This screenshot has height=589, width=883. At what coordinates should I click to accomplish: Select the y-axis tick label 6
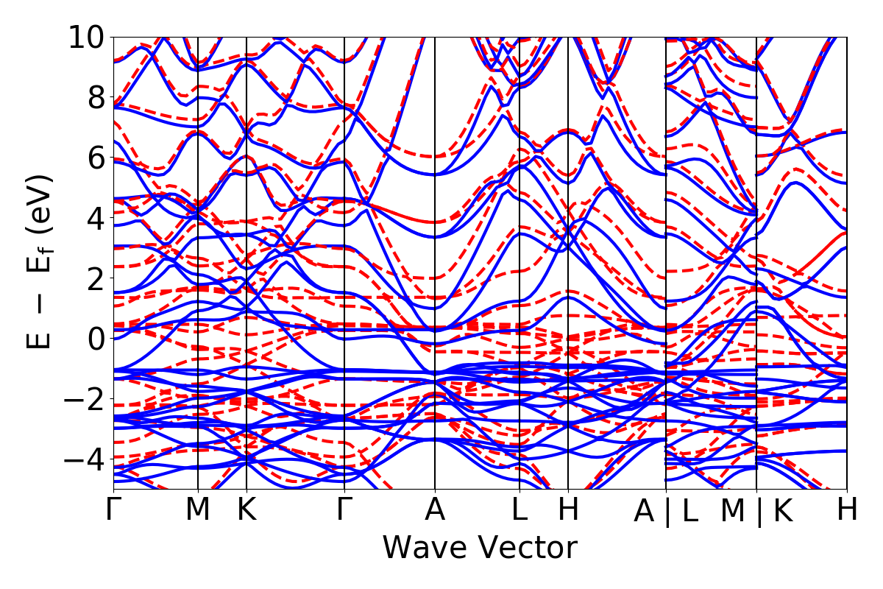point(93,158)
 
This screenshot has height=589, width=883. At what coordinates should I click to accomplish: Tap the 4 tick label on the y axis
point(93,218)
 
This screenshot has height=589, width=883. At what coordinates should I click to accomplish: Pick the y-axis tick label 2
point(93,278)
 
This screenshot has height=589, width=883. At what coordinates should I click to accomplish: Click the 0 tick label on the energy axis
point(93,339)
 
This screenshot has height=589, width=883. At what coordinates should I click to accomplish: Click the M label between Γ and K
point(198,510)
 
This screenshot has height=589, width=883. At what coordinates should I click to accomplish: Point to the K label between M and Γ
point(246,510)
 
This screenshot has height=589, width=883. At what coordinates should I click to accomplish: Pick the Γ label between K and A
point(344,510)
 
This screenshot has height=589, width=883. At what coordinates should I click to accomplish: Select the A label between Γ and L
point(435,510)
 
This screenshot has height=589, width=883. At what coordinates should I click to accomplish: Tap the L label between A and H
point(519,510)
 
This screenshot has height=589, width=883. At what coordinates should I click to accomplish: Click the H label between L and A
point(568,510)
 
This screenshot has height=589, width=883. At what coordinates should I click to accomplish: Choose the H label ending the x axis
point(847,510)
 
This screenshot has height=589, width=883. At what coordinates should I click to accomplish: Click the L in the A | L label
point(689,510)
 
